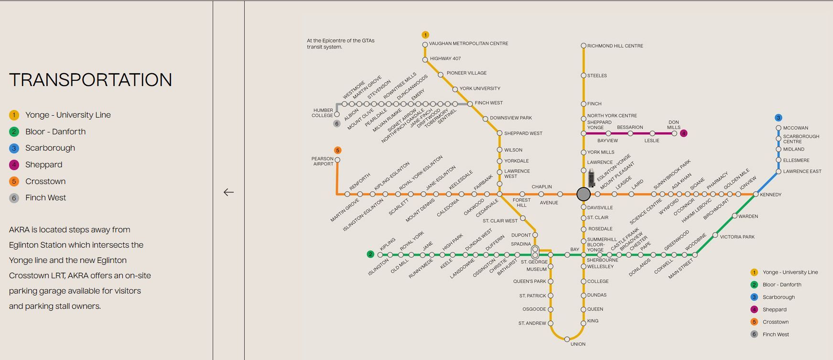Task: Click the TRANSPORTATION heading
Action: click(90, 80)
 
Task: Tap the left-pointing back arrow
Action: click(228, 192)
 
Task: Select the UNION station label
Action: click(578, 344)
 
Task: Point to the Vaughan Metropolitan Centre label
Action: click(468, 44)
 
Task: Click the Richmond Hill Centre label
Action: click(615, 46)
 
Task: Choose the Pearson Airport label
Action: click(323, 161)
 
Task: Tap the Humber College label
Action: click(323, 113)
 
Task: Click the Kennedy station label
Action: click(770, 195)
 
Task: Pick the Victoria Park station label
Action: click(737, 237)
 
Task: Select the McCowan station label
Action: click(796, 128)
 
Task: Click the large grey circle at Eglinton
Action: click(584, 194)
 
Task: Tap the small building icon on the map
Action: click(591, 178)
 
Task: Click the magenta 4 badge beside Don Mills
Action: click(683, 133)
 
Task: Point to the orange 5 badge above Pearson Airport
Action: click(338, 151)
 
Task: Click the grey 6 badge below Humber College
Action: click(337, 124)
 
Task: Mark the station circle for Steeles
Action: click(584, 76)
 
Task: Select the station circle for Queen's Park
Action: click(551, 282)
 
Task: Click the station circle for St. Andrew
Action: click(551, 324)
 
